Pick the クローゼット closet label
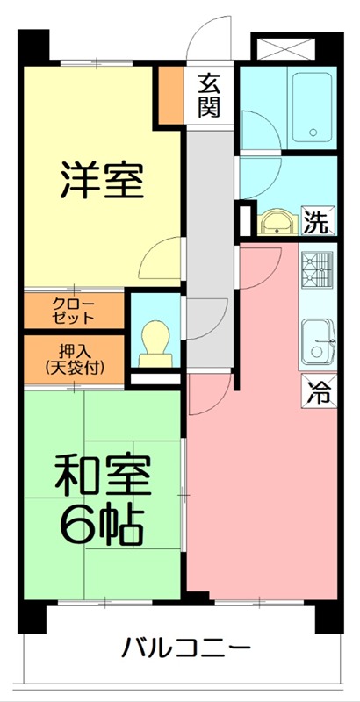pyautogui.click(x=75, y=310)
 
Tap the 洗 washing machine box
pyautogui.click(x=316, y=222)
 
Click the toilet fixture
pyautogui.click(x=155, y=340)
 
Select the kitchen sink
pyautogui.click(x=317, y=338)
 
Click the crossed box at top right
pyautogui.click(x=284, y=48)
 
